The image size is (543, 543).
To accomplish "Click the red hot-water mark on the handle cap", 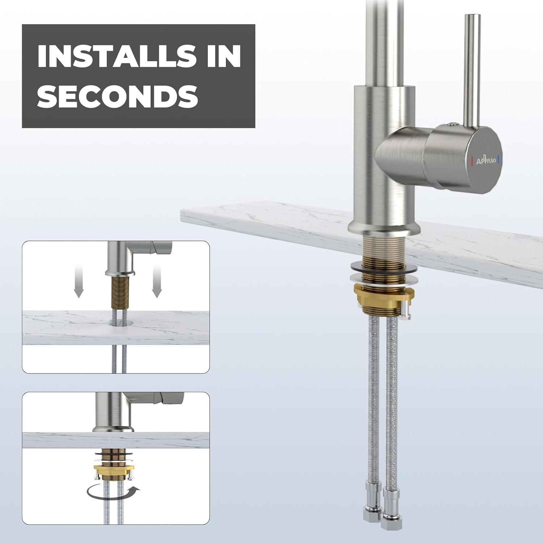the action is (472, 160).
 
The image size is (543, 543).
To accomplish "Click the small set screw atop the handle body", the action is (451, 125).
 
